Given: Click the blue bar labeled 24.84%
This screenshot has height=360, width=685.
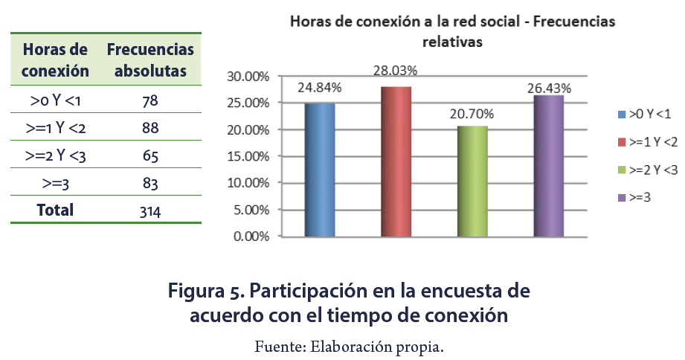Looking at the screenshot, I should point(319,170).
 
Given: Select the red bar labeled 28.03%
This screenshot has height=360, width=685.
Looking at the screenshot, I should point(396,161).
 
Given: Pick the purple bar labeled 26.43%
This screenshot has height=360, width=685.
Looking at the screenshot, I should point(549,166).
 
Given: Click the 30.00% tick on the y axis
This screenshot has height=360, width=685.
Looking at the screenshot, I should point(247,77).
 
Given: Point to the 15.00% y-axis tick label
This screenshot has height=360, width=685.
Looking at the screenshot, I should point(247,156).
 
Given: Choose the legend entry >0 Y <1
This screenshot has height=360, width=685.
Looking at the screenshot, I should point(645,114).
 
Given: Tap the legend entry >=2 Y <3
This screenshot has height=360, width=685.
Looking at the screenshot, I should point(648,170).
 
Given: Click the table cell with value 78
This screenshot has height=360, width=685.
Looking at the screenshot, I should point(150,100).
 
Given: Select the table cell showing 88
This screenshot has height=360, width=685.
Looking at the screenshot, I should point(150,128).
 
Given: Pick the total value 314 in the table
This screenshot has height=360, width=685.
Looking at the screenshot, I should point(150,211).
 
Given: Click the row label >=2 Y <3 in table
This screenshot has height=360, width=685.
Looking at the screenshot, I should point(56,155).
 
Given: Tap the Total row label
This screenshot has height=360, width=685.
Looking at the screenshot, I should point(56,210).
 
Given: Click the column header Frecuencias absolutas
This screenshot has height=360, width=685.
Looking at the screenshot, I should point(150,60).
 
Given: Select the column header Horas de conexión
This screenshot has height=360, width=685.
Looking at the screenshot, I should point(56,60).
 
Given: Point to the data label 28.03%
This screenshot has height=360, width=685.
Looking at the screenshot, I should point(395,71).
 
